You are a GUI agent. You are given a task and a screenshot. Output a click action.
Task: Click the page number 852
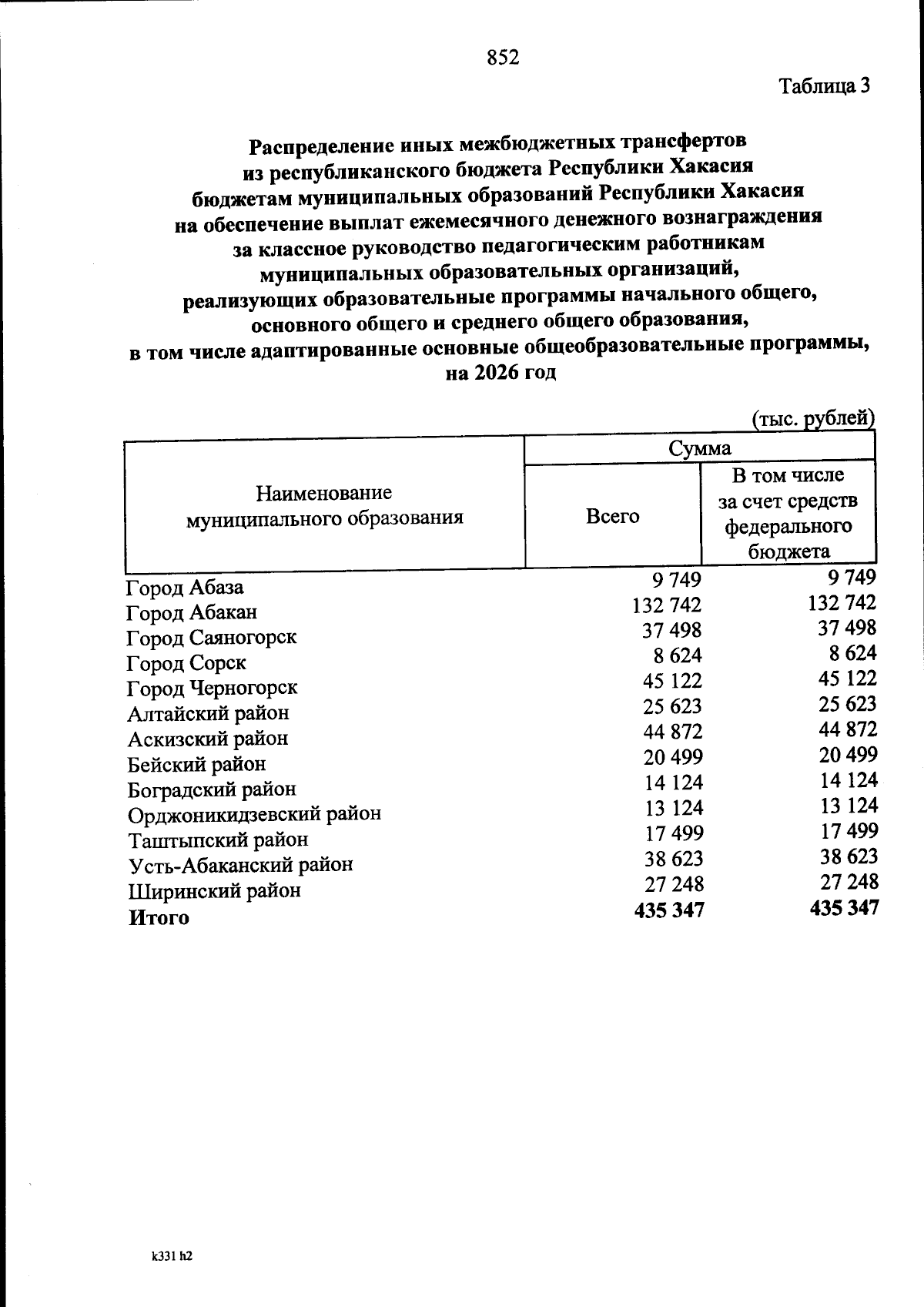(x=503, y=58)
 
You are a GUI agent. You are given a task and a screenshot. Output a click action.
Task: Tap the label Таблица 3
(x=825, y=86)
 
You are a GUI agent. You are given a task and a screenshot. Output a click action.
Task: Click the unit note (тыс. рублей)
(x=812, y=419)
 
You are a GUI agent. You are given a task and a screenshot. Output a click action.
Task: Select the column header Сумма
(x=699, y=448)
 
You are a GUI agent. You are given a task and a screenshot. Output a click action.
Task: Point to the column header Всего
(x=612, y=515)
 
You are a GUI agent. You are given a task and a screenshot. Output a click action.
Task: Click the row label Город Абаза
(x=185, y=588)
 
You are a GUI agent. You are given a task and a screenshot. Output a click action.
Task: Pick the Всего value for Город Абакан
(x=667, y=605)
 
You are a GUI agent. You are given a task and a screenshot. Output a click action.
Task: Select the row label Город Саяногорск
(x=211, y=638)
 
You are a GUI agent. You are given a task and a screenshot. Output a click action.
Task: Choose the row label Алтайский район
(x=208, y=713)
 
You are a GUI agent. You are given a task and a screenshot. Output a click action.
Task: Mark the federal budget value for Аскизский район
(x=848, y=729)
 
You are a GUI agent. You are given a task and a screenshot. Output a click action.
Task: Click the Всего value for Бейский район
(x=673, y=757)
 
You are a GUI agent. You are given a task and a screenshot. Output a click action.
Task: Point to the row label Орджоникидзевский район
(x=254, y=814)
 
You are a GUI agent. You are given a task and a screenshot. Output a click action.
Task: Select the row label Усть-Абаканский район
(x=240, y=865)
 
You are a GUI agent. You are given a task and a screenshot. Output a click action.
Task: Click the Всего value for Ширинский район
(x=673, y=883)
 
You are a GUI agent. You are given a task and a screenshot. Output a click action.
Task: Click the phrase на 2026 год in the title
(x=500, y=374)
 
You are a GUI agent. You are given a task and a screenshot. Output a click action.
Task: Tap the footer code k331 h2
(x=171, y=1256)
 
